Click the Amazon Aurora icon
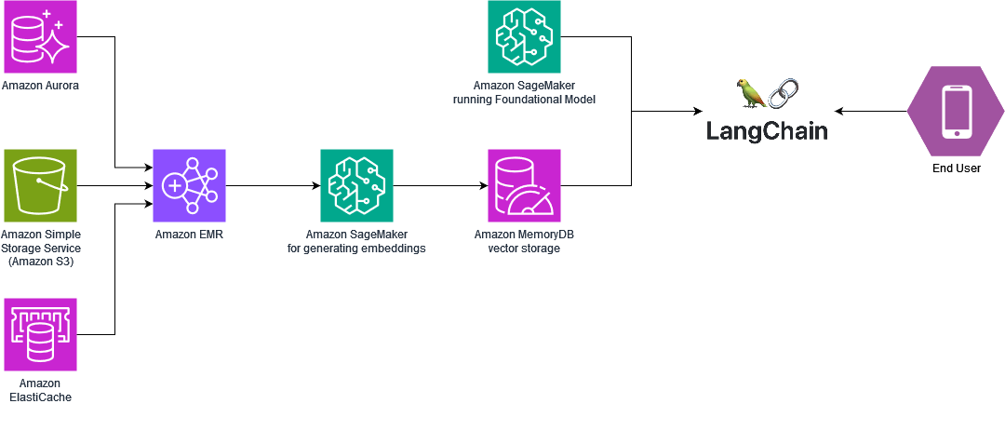(x=40, y=37)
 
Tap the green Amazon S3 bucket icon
(x=40, y=185)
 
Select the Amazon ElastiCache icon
(x=40, y=334)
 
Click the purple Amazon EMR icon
(x=189, y=185)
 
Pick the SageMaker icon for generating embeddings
(x=356, y=185)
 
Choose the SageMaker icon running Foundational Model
(x=524, y=37)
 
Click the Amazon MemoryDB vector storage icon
(x=524, y=185)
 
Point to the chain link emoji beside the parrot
(x=784, y=94)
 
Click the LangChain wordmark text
(x=766, y=130)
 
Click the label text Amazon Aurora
(x=40, y=86)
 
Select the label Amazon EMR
(x=189, y=235)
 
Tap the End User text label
(x=957, y=168)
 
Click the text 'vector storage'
(x=524, y=249)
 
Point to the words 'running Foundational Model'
(x=524, y=100)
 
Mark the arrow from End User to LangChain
(x=871, y=112)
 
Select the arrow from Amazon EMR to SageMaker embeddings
(x=272, y=185)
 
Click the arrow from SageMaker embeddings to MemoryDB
(x=440, y=185)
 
